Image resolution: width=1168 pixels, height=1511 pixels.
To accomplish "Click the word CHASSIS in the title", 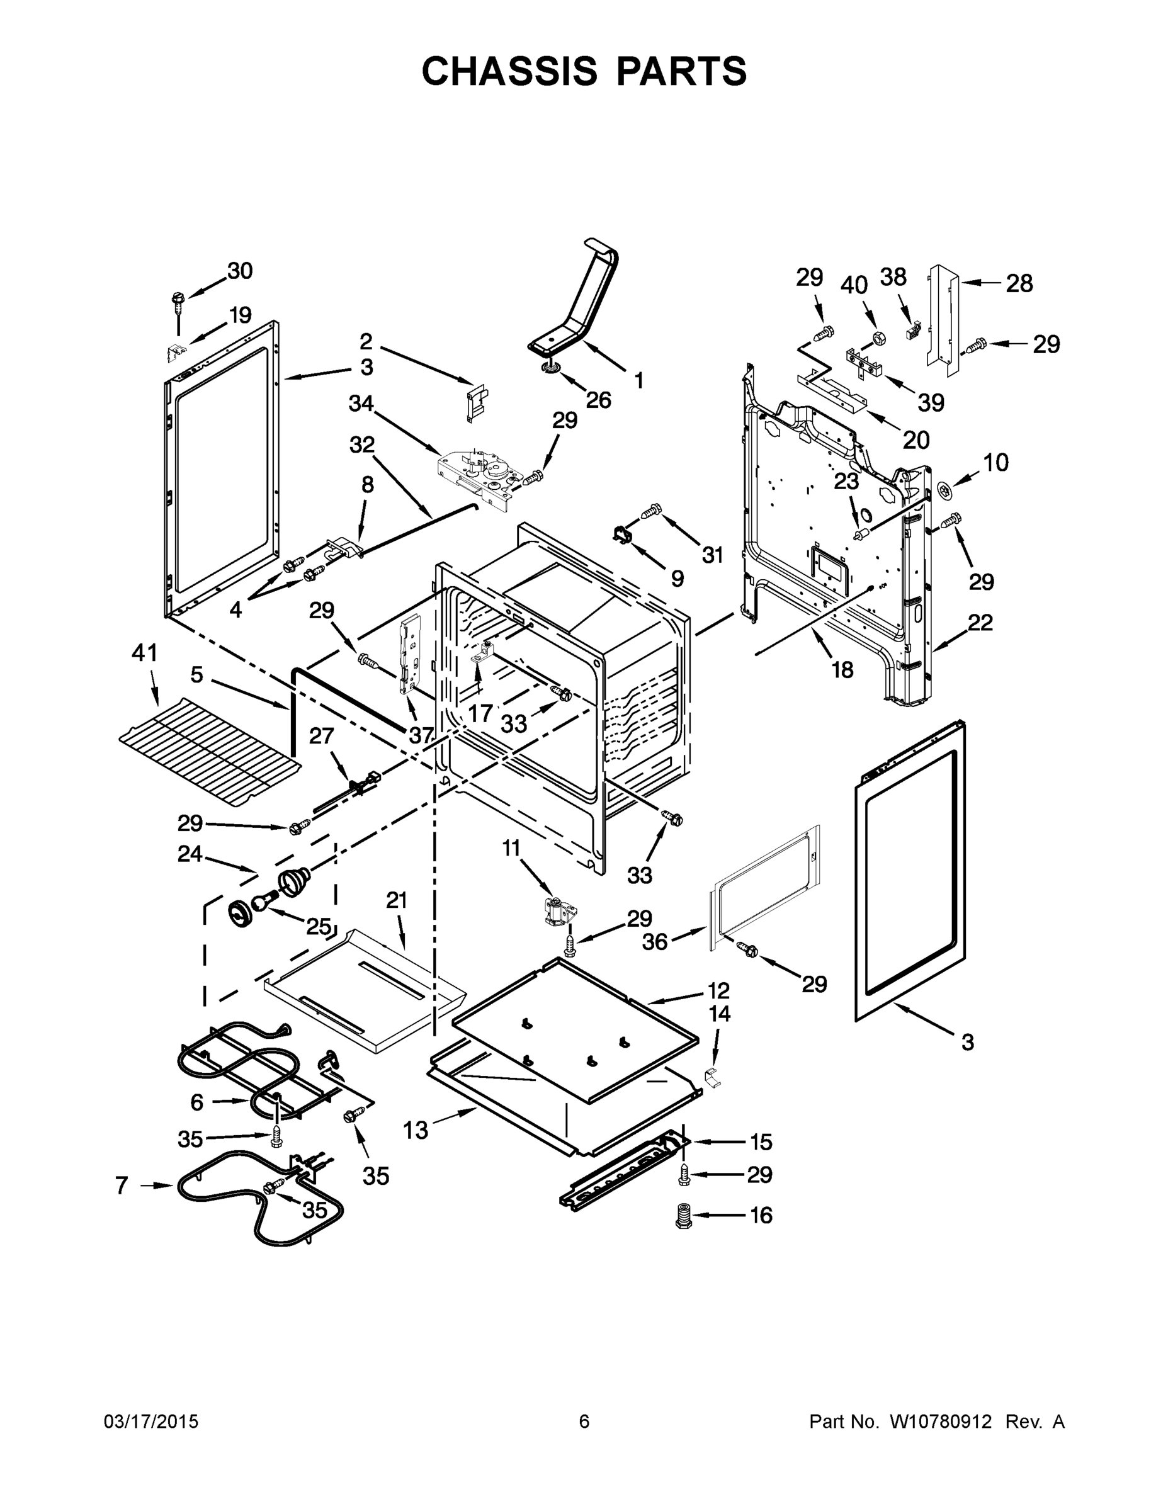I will point(509,71).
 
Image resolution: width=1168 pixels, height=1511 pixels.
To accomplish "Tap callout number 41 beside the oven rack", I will point(145,652).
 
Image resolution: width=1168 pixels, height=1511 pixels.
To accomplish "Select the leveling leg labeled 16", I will point(684,1216).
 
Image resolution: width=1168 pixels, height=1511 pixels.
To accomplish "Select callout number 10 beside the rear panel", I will point(995,462).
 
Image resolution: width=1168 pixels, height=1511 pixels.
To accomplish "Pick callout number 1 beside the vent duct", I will point(638,380).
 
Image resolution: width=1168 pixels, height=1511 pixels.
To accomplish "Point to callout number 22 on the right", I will point(980,623).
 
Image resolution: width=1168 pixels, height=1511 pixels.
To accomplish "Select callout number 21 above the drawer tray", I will point(397,900).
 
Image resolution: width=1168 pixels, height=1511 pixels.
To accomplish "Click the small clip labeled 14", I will point(712,1077).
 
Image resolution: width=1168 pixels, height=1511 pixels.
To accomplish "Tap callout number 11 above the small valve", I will point(511,847).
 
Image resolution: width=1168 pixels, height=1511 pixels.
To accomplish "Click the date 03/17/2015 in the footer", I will point(151,1422).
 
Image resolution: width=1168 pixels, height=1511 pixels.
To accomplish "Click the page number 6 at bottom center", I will point(584,1422).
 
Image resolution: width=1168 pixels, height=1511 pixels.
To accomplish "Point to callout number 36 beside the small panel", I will point(655,941).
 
